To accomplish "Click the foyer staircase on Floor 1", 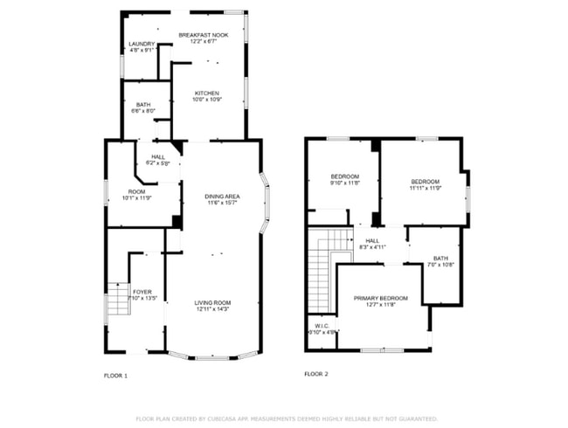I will (117, 304).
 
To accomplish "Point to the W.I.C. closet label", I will (322, 329).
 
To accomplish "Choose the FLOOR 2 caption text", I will (316, 374).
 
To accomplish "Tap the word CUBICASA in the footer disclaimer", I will (225, 418).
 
